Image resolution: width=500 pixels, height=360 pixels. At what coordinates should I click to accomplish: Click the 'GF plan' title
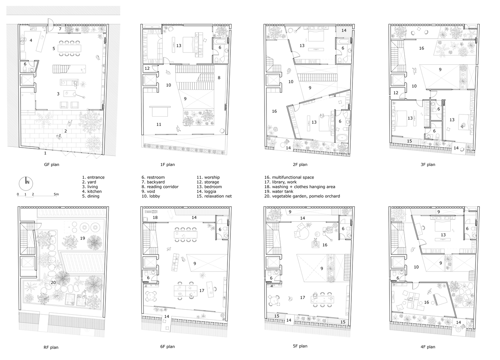(x=51, y=165)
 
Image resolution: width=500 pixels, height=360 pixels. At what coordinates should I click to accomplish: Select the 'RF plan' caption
(x=51, y=347)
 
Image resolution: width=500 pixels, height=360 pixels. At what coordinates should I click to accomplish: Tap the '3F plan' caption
(x=428, y=165)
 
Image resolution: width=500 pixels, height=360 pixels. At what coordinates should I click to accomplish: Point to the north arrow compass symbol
(x=26, y=184)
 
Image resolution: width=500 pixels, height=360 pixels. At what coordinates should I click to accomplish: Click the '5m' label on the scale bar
(x=56, y=194)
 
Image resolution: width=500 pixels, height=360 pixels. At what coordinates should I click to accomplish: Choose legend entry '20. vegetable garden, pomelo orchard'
(x=302, y=196)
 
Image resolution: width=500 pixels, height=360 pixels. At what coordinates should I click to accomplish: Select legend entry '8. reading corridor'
(x=160, y=187)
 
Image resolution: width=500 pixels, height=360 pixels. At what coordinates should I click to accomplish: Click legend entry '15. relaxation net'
(x=214, y=196)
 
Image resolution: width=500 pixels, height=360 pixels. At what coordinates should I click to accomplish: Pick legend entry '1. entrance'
(x=93, y=177)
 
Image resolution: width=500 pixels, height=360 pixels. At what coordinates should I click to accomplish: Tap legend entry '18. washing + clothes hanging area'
(x=300, y=187)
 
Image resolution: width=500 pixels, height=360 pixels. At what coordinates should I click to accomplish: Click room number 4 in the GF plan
(x=31, y=40)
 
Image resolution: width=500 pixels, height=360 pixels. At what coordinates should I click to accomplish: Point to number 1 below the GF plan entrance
(x=45, y=153)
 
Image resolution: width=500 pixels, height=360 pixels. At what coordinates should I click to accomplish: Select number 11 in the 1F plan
(x=159, y=124)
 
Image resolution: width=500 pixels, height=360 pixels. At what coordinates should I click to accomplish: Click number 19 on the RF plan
(x=82, y=238)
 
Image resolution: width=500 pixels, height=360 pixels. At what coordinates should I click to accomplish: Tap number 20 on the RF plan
(x=53, y=283)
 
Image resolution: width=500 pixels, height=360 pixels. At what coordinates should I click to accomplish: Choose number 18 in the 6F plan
(x=155, y=217)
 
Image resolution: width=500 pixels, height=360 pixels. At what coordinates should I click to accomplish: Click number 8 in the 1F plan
(x=219, y=78)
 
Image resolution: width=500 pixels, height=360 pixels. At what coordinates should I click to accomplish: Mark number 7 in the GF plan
(x=60, y=29)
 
